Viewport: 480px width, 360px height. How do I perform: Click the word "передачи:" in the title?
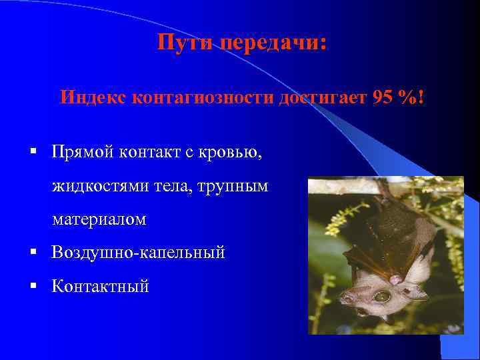273,44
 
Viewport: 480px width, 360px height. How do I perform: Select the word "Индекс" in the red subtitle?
93,97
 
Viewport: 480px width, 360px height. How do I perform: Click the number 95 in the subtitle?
383,97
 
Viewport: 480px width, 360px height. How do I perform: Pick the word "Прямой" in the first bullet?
83,153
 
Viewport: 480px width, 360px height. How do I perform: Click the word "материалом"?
99,219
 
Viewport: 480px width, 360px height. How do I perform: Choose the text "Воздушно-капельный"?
139,253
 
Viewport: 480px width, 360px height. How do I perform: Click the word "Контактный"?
101,286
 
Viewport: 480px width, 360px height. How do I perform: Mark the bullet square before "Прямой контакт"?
33,153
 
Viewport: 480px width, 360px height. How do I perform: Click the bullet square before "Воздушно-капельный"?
33,253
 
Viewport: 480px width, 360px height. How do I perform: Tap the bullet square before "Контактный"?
33,286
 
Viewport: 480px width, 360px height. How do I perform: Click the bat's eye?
382,296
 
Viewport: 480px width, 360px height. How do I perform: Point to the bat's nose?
347,299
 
